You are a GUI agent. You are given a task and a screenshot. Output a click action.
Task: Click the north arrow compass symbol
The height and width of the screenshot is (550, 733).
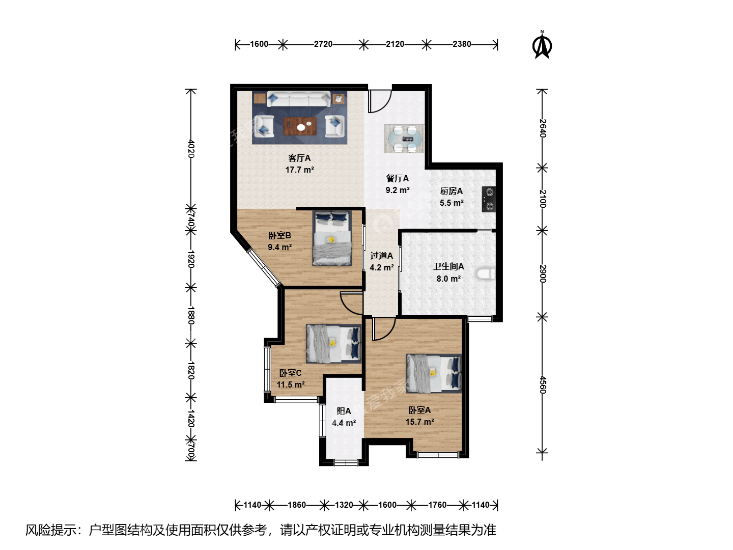[542, 45]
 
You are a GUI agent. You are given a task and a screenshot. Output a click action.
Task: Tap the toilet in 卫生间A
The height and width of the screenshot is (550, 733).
[486, 274]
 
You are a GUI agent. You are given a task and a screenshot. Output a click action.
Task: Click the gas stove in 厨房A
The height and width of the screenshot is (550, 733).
[488, 199]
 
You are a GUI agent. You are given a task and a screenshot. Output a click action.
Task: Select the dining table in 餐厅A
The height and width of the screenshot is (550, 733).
[404, 139]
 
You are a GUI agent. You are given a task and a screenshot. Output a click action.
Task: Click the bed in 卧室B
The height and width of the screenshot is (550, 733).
[332, 238]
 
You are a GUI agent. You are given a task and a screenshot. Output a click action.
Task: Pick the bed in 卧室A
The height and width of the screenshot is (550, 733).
[434, 373]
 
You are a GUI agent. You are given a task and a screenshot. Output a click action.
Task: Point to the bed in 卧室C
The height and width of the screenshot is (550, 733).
[333, 344]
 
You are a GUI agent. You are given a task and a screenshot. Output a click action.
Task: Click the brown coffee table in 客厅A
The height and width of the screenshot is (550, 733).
[300, 126]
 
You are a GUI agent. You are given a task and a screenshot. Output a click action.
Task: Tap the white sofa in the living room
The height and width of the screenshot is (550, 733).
[298, 99]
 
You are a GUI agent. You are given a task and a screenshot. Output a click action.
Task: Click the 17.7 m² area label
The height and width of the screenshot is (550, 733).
[299, 170]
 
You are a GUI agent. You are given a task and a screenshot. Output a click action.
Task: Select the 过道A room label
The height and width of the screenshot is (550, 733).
[381, 256]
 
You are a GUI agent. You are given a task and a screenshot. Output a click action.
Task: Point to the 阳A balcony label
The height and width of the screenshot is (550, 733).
[344, 411]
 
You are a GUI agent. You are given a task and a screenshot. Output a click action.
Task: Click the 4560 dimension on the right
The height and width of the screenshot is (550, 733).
[542, 384]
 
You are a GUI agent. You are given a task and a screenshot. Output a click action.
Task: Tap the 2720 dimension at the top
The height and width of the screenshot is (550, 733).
[323, 44]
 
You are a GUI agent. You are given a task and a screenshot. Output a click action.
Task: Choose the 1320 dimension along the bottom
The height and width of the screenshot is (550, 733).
[344, 505]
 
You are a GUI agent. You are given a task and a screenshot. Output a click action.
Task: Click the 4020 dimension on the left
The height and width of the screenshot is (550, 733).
[191, 149]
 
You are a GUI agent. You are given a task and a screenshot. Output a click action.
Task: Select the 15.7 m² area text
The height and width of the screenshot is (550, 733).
[419, 422]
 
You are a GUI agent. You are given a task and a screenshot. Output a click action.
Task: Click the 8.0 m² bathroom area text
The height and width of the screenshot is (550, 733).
[448, 279]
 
